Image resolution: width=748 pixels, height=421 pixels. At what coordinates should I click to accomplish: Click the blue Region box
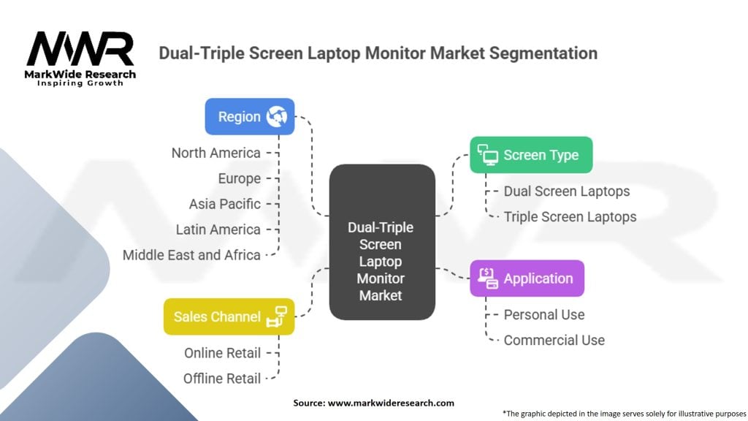tap(249, 117)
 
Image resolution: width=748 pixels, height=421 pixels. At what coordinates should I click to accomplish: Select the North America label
tap(215, 153)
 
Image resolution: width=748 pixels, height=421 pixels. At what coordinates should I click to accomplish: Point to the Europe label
tap(239, 178)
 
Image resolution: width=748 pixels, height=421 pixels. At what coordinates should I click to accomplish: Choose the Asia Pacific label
tap(224, 204)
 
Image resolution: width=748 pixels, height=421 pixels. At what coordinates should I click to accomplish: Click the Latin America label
tap(218, 230)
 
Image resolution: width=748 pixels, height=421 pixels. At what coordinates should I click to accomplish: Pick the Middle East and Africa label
tap(191, 255)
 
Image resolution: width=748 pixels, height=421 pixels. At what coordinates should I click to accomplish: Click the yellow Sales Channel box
tap(229, 316)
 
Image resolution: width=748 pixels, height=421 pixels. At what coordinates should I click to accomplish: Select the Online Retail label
tap(222, 353)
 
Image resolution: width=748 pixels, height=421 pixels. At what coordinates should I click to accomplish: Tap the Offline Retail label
tap(222, 379)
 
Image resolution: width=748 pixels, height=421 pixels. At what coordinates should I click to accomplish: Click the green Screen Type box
tap(530, 155)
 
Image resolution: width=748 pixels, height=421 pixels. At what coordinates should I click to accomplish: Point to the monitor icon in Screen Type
tap(487, 154)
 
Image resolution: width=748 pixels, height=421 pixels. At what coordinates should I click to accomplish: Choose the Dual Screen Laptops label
tap(566, 191)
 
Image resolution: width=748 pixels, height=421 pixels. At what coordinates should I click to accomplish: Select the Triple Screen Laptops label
tap(570, 217)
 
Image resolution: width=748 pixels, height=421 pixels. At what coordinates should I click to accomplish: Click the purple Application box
tap(527, 278)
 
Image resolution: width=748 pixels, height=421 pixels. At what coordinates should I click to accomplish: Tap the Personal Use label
tap(543, 315)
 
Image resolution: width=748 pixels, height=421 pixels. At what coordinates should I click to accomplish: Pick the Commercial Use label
tap(554, 341)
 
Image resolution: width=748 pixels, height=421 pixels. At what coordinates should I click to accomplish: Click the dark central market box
tap(381, 241)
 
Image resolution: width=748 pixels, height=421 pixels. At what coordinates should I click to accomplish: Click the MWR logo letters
tap(80, 50)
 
